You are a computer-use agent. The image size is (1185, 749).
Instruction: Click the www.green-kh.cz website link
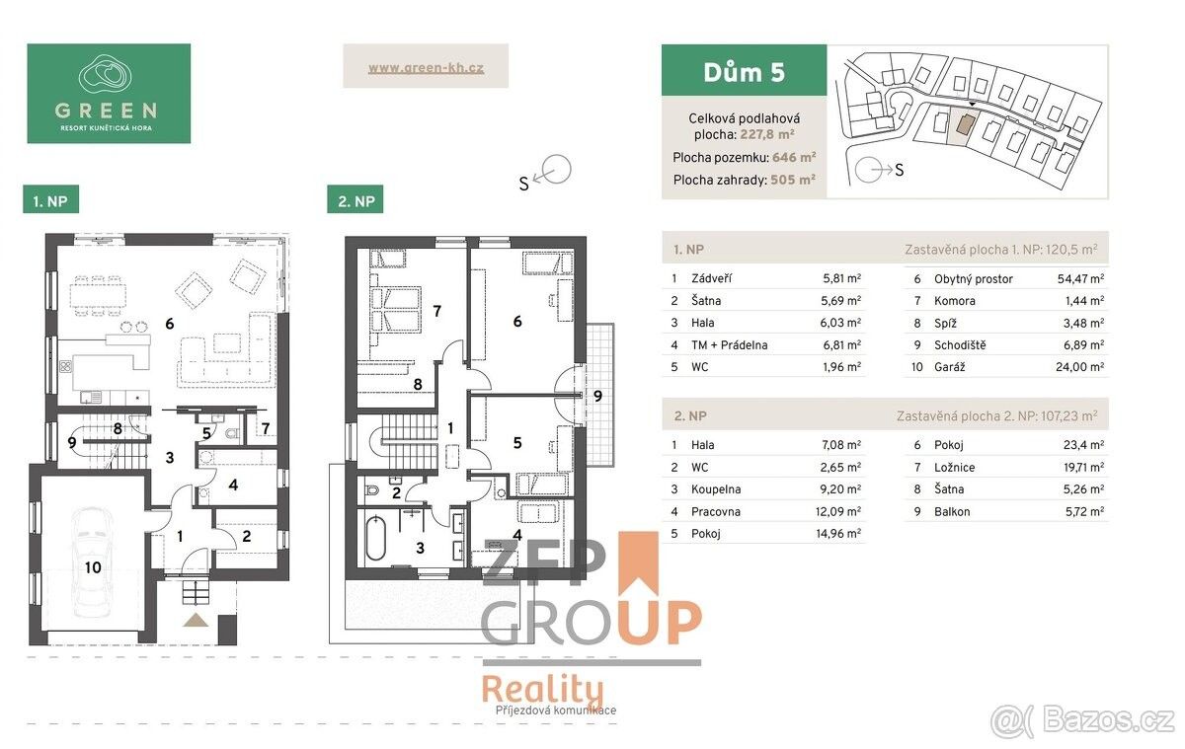pyautogui.click(x=426, y=68)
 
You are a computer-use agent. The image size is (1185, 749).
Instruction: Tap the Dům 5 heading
pyautogui.click(x=744, y=72)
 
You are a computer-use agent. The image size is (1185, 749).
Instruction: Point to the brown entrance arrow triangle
pyautogui.click(x=196, y=620)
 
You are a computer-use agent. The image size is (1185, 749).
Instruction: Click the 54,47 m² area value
pyautogui.click(x=1080, y=278)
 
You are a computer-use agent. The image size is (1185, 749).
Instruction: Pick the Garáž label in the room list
pyautogui.click(x=950, y=367)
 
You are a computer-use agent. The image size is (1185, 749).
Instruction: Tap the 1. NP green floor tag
pyautogui.click(x=50, y=199)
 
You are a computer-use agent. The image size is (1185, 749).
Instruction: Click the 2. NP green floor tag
pyautogui.click(x=355, y=199)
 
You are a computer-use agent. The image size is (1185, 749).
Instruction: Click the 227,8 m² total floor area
pyautogui.click(x=767, y=134)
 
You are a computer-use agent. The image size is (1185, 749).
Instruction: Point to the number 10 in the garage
pyautogui.click(x=93, y=567)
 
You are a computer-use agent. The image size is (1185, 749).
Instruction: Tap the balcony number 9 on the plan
pyautogui.click(x=597, y=396)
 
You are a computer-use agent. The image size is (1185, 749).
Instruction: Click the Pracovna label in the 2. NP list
pyautogui.click(x=716, y=511)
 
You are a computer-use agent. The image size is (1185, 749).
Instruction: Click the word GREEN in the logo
pyautogui.click(x=106, y=111)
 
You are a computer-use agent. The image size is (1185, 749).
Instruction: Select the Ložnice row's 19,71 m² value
pyautogui.click(x=1083, y=468)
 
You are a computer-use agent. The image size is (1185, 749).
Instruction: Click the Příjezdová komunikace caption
pyautogui.click(x=555, y=711)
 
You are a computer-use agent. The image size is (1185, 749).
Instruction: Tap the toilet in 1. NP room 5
pyautogui.click(x=232, y=434)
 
